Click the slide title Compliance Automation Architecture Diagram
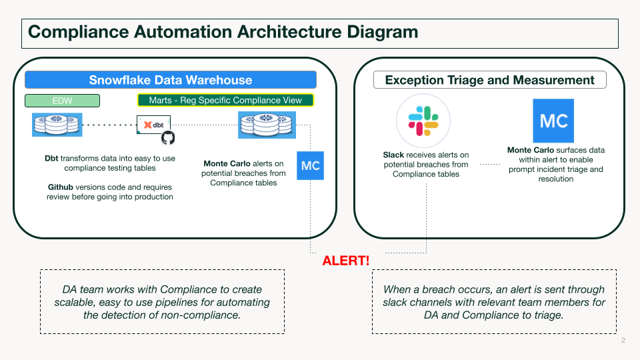pos(223,32)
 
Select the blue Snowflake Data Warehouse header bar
pos(171,80)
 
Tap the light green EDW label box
pos(62,101)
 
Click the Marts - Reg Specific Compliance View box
pos(225,101)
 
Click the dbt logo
pos(154,124)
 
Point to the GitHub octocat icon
pos(168,137)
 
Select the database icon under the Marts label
pos(267,125)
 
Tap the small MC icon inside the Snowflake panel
pos(310,165)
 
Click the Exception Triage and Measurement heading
pos(489,80)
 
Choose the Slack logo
pos(423,120)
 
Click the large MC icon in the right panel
pos(553,121)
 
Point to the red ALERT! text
pos(346,260)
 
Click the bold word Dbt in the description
pos(51,159)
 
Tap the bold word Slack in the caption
pos(394,155)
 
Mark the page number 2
pos(623,341)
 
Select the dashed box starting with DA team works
pos(162,301)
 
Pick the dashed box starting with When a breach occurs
pos(494,301)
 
